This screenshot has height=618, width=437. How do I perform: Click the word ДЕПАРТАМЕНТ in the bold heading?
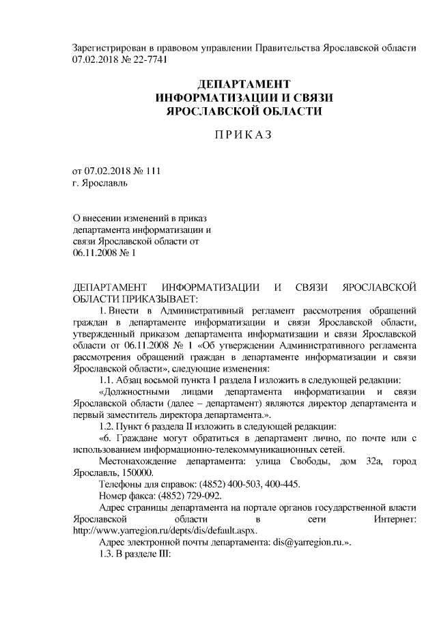point(238,85)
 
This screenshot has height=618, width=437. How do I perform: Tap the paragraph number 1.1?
point(111,380)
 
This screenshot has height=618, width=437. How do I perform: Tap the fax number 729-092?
point(203,496)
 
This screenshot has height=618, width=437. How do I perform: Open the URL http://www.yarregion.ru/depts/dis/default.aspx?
point(165,531)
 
